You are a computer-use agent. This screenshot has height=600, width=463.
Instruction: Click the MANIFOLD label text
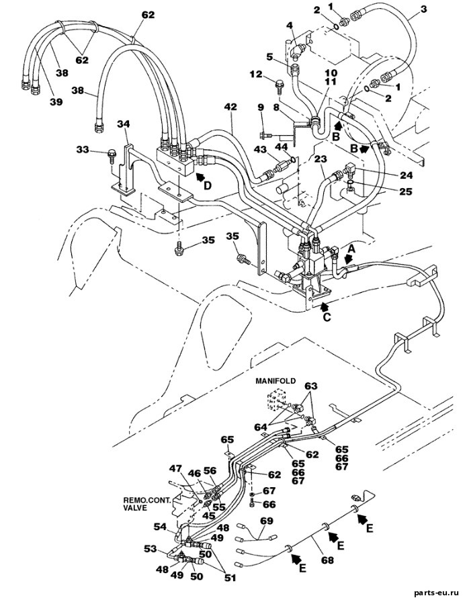(x=276, y=381)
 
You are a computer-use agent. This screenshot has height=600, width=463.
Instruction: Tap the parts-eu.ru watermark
(x=435, y=593)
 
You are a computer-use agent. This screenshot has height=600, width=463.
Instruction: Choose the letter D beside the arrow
(x=207, y=185)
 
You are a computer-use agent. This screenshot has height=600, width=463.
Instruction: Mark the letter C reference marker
(x=327, y=317)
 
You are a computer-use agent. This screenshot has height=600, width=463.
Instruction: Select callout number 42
(x=230, y=108)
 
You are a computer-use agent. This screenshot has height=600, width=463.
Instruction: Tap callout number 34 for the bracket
(x=123, y=124)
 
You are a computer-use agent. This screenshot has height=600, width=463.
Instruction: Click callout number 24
(x=407, y=175)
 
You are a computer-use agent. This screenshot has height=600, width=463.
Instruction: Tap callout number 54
(x=161, y=527)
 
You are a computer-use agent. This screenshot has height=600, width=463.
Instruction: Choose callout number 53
(x=151, y=549)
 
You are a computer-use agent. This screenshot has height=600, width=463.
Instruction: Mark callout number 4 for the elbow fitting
(x=290, y=26)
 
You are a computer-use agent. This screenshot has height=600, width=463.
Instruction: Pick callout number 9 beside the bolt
(x=261, y=108)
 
